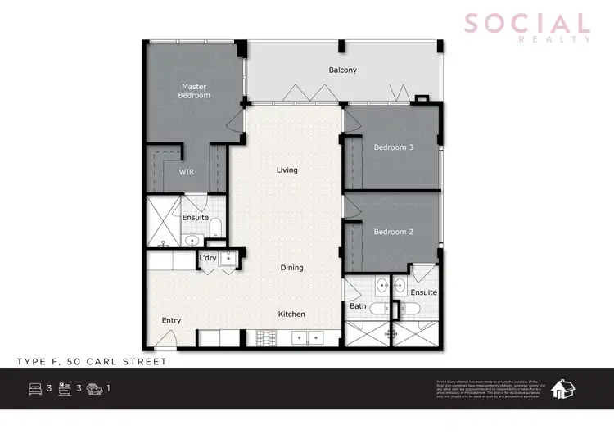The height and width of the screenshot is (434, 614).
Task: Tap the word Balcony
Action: pyautogui.click(x=343, y=70)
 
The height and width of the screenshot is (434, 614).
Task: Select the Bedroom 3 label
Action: pyautogui.click(x=393, y=147)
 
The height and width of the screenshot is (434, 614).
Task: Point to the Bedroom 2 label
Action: pyautogui.click(x=393, y=232)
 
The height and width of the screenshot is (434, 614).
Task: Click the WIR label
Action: pyautogui.click(x=187, y=172)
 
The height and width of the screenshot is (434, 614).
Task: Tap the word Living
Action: pyautogui.click(x=287, y=170)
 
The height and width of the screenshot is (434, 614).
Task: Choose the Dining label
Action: pyautogui.click(x=291, y=268)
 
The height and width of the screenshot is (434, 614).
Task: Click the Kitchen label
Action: pyautogui.click(x=291, y=314)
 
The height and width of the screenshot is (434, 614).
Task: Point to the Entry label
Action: pyautogui.click(x=171, y=320)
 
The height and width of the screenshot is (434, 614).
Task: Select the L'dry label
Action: pyautogui.click(x=207, y=260)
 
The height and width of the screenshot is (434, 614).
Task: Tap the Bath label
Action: pyautogui.click(x=358, y=306)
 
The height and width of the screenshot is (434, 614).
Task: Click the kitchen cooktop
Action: pyautogui.click(x=266, y=337)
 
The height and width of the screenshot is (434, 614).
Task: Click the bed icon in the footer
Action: pyautogui.click(x=36, y=388)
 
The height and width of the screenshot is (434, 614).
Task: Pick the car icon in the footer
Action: pyautogui.click(x=94, y=388)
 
